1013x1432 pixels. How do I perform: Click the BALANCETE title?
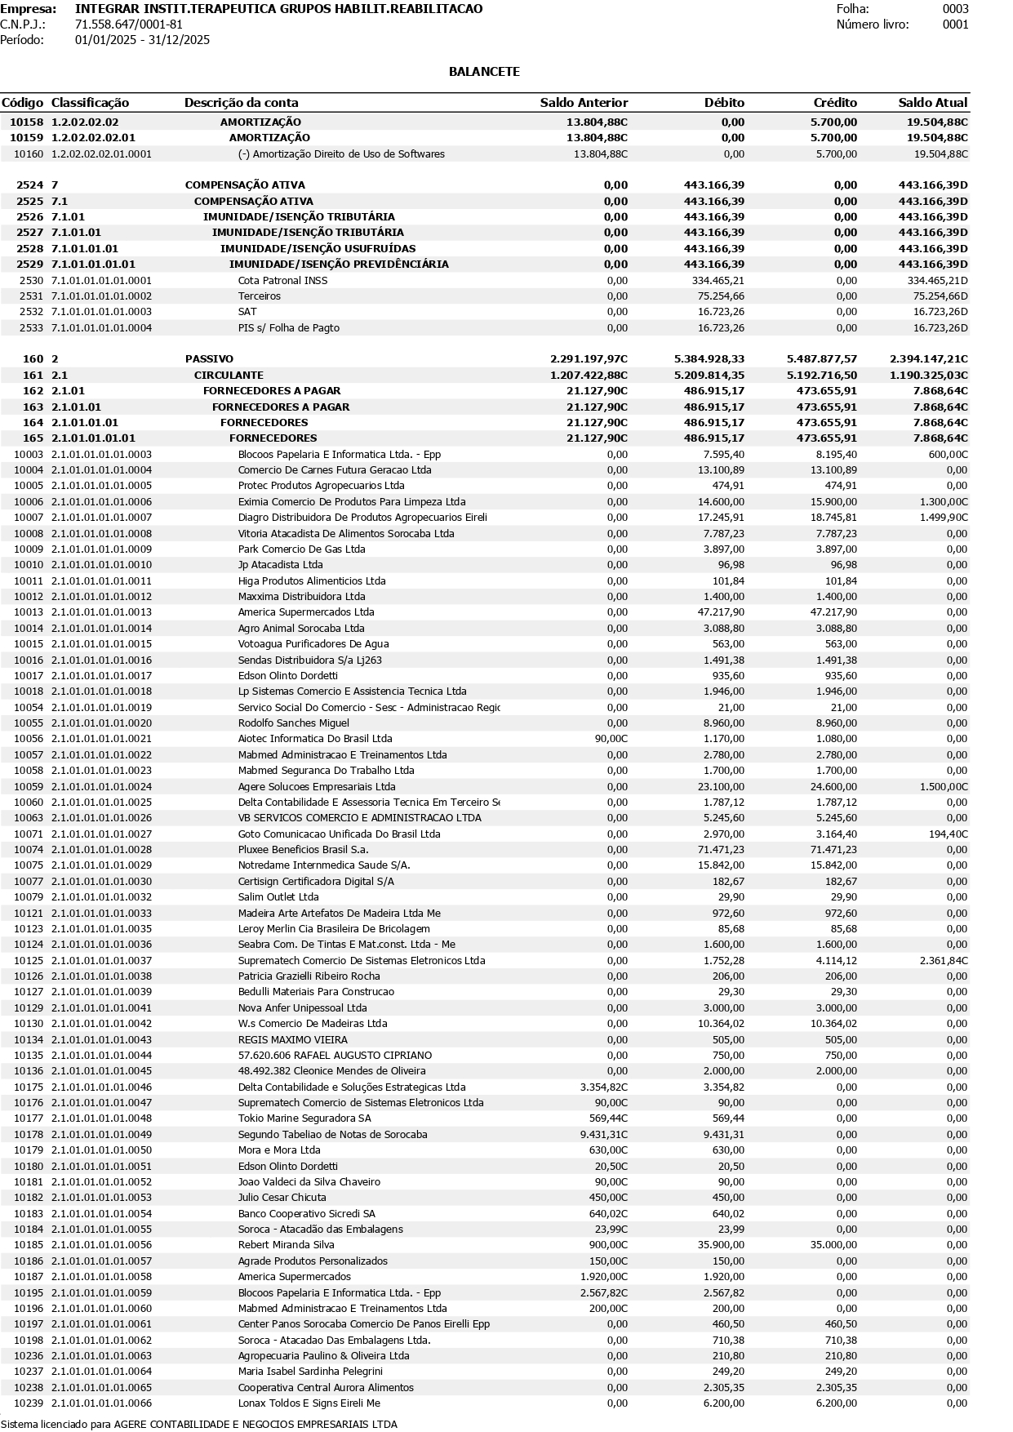[484, 72]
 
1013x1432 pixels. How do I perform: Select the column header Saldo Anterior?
[584, 103]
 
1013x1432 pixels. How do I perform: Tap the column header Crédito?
[835, 103]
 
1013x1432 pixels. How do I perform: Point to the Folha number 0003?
[955, 9]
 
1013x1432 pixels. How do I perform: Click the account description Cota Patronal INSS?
[282, 281]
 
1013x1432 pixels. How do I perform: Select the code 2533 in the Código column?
[31, 328]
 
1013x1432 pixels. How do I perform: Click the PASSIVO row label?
[209, 359]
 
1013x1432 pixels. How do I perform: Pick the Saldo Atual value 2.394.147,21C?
[928, 359]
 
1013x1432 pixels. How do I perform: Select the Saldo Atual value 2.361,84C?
[943, 961]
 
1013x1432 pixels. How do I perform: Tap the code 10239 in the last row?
[29, 1403]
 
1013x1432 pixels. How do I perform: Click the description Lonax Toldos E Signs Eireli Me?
[309, 1403]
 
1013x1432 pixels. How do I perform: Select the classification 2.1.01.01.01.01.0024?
[101, 787]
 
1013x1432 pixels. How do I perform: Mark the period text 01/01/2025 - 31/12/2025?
[142, 40]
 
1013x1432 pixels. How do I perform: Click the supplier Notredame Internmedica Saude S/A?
[324, 865]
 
